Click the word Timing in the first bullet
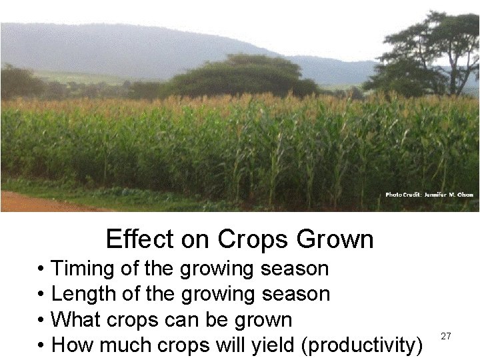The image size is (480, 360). [81, 269]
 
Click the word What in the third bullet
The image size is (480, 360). [75, 320]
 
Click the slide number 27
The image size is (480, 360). [446, 337]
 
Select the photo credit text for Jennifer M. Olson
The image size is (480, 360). [429, 195]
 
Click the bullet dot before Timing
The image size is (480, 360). [42, 269]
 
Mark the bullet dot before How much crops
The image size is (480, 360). [42, 345]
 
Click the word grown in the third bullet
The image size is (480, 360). [263, 320]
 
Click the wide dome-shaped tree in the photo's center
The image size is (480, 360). [243, 77]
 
